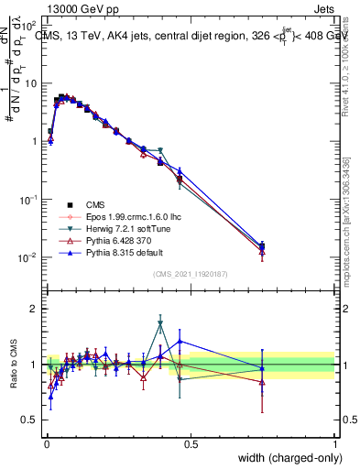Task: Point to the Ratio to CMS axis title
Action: (14, 365)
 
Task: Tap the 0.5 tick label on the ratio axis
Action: (30, 421)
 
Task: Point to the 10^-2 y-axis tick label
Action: (27, 257)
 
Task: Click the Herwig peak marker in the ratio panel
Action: (160, 323)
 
